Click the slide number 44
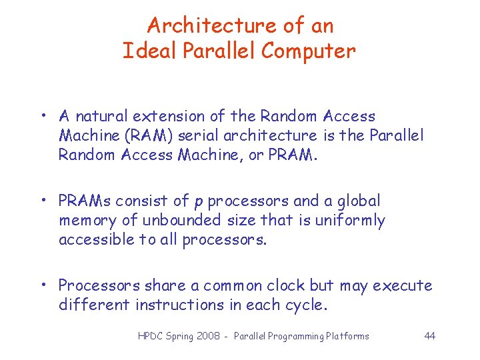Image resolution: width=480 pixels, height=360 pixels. (429, 336)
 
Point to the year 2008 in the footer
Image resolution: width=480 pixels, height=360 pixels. (209, 336)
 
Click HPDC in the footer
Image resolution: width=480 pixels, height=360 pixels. (151, 336)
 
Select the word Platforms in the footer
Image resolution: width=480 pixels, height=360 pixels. (346, 336)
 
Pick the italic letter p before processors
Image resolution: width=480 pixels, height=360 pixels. (198, 202)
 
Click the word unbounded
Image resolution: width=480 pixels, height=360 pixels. (177, 220)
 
